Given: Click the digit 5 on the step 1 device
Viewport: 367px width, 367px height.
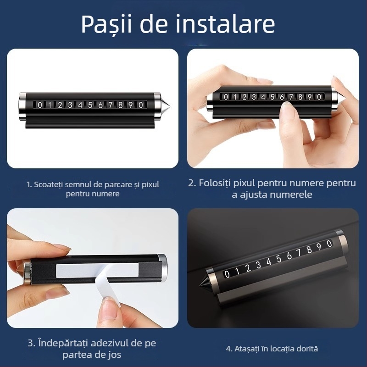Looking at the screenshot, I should coord(90,105).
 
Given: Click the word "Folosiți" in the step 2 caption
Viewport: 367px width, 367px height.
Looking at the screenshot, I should coord(218,183).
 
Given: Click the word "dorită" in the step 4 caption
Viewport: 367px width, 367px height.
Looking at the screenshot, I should coord(306,349).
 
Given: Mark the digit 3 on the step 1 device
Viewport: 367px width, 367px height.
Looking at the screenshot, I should coord(70,105).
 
